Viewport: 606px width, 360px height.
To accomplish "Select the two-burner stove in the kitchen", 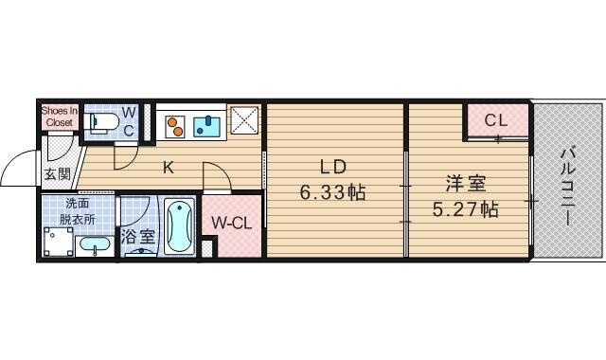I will pyautogui.click(x=177, y=124).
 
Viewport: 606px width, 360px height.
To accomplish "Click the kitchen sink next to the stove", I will pyautogui.click(x=207, y=124).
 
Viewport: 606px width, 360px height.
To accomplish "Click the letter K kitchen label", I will pyautogui.click(x=168, y=169).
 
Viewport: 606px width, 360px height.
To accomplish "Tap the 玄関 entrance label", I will pyautogui.click(x=57, y=173).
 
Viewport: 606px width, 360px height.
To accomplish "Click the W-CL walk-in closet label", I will pyautogui.click(x=230, y=224).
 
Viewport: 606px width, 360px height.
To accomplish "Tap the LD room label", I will pyautogui.click(x=332, y=169).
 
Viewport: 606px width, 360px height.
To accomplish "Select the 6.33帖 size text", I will pyautogui.click(x=332, y=192).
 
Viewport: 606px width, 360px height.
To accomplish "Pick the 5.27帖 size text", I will pyautogui.click(x=465, y=209).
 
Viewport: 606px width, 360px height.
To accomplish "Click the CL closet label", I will pyautogui.click(x=496, y=120).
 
